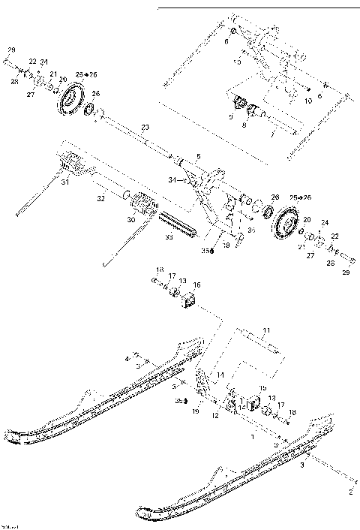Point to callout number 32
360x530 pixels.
[x=99, y=200]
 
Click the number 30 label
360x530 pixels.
[x=133, y=220]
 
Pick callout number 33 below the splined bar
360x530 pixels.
[x=169, y=237]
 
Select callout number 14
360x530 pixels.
[x=220, y=374]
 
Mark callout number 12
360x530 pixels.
[x=214, y=414]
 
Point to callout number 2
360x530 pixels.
[x=349, y=492]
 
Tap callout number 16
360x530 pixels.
[x=197, y=285]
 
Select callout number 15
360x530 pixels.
[x=262, y=388]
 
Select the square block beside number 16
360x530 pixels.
[x=188, y=300]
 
